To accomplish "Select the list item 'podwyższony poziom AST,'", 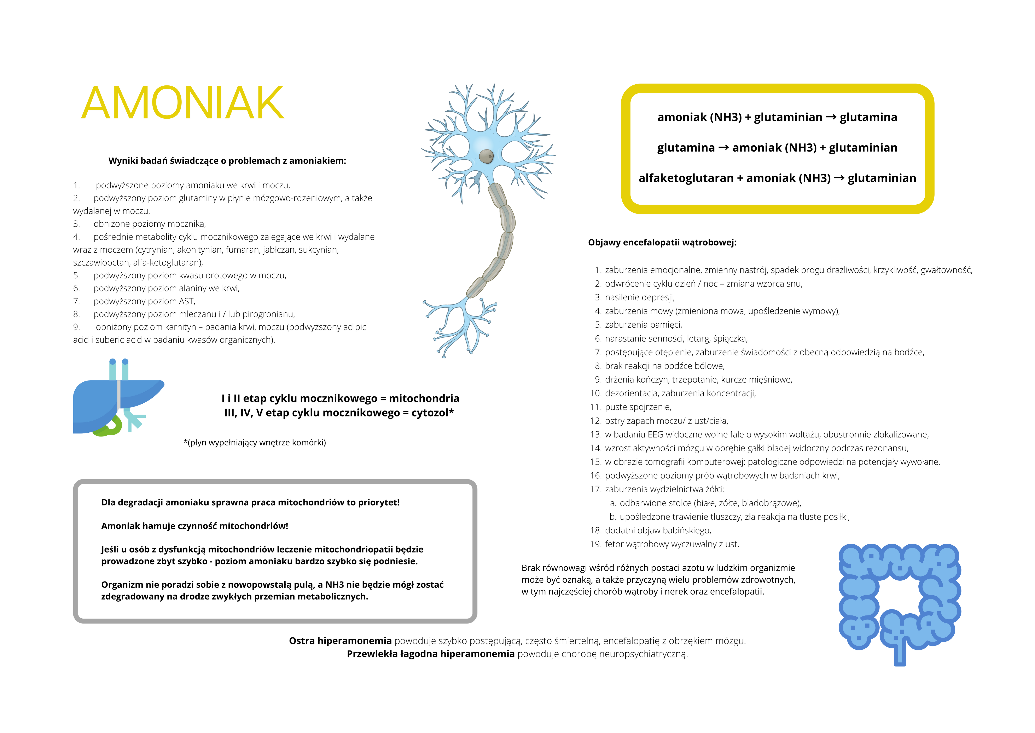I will coord(144,301).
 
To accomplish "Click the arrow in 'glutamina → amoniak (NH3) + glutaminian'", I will coord(723,148).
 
